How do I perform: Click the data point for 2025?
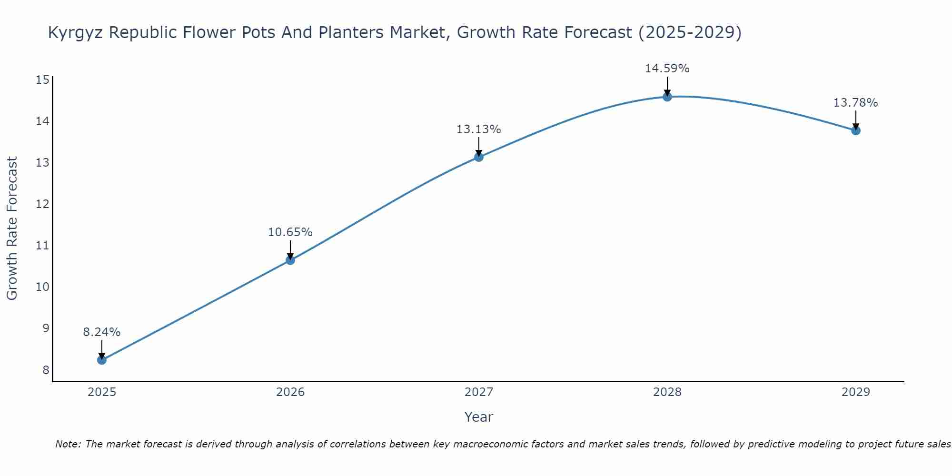tap(102, 360)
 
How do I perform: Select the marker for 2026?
tap(290, 260)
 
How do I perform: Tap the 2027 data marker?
tap(479, 157)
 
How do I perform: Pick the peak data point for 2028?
tap(667, 97)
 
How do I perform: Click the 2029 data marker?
tap(856, 130)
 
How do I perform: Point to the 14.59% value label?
tap(667, 69)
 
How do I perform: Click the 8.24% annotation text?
tap(102, 332)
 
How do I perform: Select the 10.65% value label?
tap(290, 232)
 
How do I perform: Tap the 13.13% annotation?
tap(479, 129)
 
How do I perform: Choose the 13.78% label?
tap(856, 103)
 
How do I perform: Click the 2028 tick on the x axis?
tap(667, 392)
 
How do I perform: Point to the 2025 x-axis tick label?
tap(102, 392)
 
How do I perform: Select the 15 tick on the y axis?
tap(43, 80)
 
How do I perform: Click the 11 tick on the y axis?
tap(43, 246)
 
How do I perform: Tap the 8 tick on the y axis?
tap(46, 370)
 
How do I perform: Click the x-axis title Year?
tap(479, 417)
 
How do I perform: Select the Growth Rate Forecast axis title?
tap(12, 228)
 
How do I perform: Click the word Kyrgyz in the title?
tap(76, 33)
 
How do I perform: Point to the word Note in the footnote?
tap(69, 445)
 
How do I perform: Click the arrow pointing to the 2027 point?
tap(479, 147)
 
